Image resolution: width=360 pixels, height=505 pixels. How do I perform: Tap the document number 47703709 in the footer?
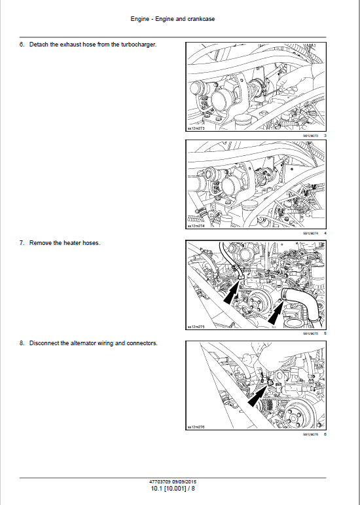[160, 481]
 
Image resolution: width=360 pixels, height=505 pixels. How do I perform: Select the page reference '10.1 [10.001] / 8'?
[173, 488]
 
